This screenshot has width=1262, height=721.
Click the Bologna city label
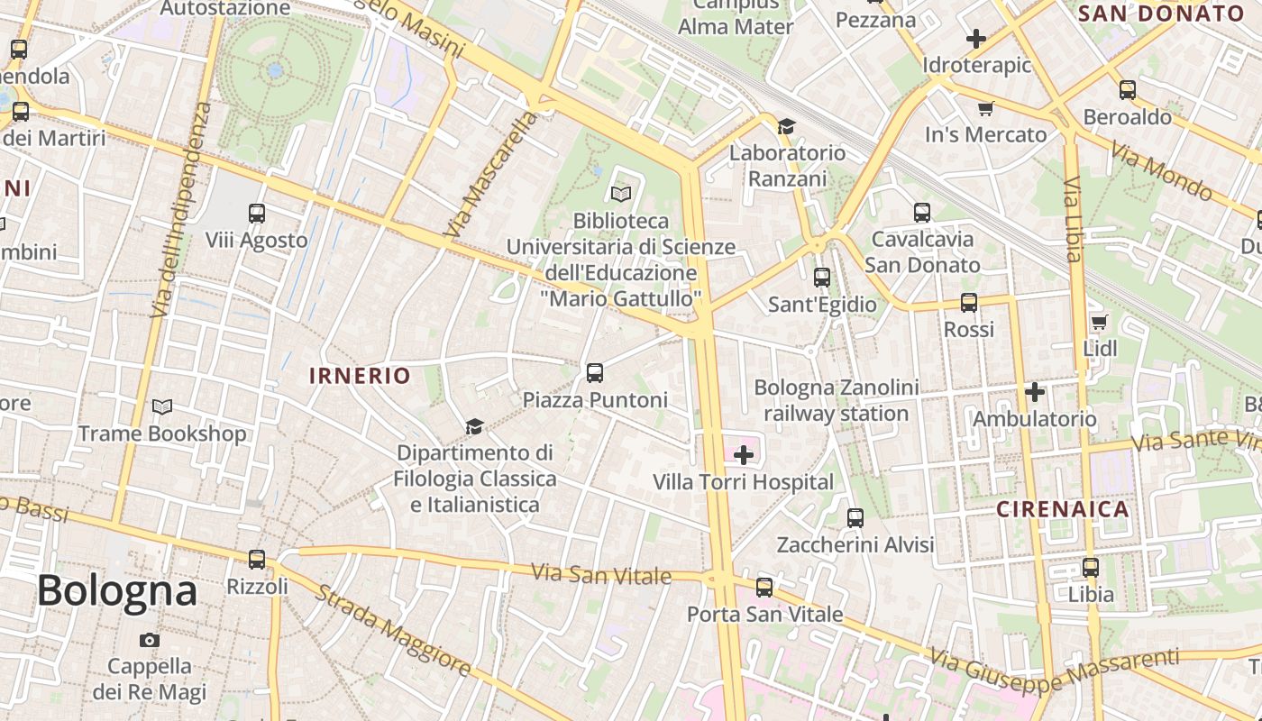[x=117, y=591]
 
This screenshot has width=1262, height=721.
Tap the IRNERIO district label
[x=360, y=376]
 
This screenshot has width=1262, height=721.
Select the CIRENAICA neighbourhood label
[x=1063, y=509]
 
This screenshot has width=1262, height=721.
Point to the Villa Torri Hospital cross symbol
[x=744, y=455]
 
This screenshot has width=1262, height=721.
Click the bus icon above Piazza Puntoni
[x=594, y=372]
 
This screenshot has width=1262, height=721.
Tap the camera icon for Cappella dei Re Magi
[x=150, y=640]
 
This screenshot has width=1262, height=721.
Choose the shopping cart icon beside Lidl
[x=1099, y=322]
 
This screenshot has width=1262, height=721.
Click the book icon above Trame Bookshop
[x=162, y=407]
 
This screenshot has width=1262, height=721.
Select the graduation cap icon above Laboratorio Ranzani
[x=787, y=126]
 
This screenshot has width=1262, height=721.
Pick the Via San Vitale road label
[x=601, y=574]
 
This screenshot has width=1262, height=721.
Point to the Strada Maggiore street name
[x=393, y=629]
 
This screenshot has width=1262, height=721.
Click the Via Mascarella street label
[x=490, y=176]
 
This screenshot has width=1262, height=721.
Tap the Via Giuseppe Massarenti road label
[x=1055, y=672]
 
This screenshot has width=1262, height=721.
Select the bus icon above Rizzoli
[x=257, y=560]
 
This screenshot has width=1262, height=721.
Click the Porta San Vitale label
[x=764, y=615]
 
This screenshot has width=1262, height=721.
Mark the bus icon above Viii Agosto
[x=257, y=214]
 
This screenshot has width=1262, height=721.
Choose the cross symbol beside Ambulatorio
[x=1035, y=392]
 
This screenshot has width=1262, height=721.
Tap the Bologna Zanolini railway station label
[x=837, y=401]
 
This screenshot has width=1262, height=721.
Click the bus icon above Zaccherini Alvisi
[x=855, y=518]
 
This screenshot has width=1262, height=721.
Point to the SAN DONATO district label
[x=1161, y=14]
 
